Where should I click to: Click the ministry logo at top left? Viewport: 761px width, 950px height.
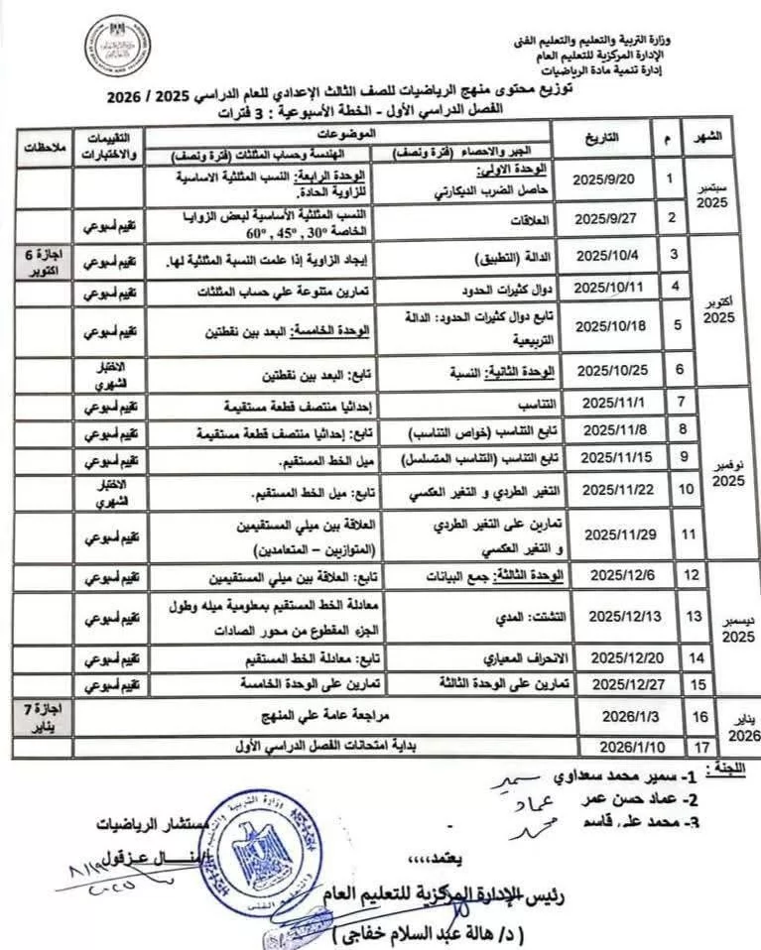pos(117,47)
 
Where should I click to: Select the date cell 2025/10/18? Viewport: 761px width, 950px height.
pos(607,325)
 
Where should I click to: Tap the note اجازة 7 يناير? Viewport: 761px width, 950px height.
pos(43,715)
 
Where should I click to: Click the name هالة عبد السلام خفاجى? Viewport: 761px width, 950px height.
pos(427,934)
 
